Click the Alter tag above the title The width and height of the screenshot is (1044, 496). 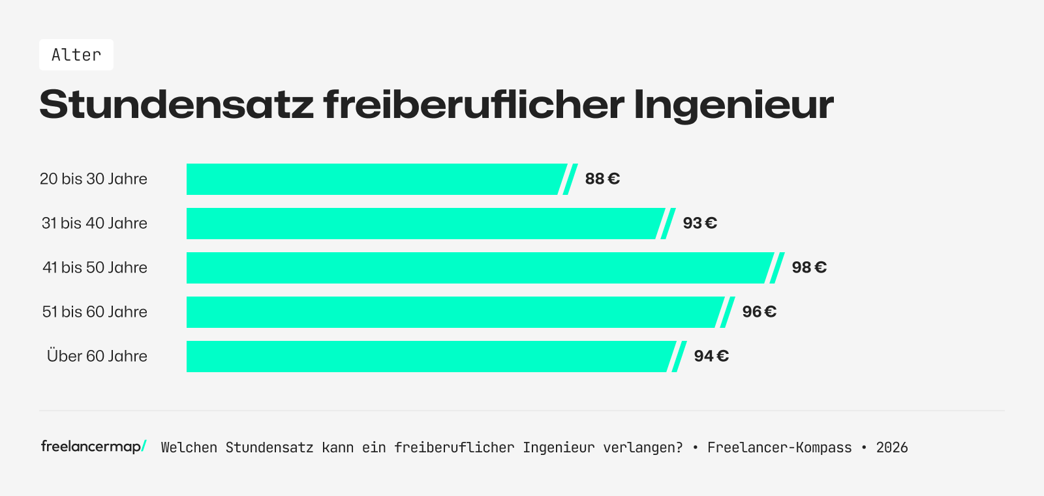point(76,55)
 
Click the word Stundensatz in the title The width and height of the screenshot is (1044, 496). point(176,104)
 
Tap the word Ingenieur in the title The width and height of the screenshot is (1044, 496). point(733,104)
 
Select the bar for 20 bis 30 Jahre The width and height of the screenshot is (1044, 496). point(375,179)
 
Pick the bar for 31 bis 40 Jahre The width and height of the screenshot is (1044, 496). point(424,224)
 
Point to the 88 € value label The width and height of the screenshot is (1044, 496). point(602,179)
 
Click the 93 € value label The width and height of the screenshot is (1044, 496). point(699,223)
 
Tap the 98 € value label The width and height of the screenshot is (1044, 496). point(809,267)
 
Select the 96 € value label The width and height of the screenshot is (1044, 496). point(759,312)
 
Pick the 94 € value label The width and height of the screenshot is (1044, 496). point(711,356)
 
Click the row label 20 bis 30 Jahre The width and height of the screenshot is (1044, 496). point(93,179)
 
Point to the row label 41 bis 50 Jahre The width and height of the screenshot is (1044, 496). point(95,267)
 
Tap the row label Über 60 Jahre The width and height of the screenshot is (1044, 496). point(97,356)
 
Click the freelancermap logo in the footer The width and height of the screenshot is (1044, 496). point(93,446)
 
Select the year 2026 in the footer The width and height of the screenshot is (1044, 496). point(892,447)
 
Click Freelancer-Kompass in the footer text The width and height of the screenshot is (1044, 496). point(779,447)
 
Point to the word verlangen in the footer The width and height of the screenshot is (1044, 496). point(642,447)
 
